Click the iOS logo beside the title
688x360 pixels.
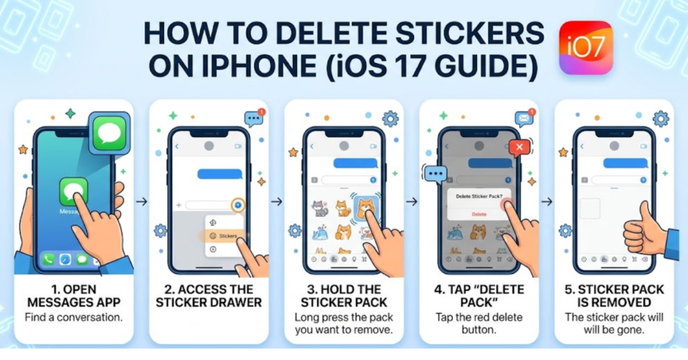pos(586,47)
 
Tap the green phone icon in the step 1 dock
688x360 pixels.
pos(48,259)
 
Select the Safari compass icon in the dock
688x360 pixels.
pos(65,259)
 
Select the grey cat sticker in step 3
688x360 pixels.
pos(320,208)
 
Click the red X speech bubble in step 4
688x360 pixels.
pos(519,148)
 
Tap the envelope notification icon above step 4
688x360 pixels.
pos(524,118)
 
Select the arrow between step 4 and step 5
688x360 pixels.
pos(547,201)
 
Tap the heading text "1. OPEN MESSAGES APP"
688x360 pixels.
pos(74,296)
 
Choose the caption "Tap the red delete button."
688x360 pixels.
pos(479,322)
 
